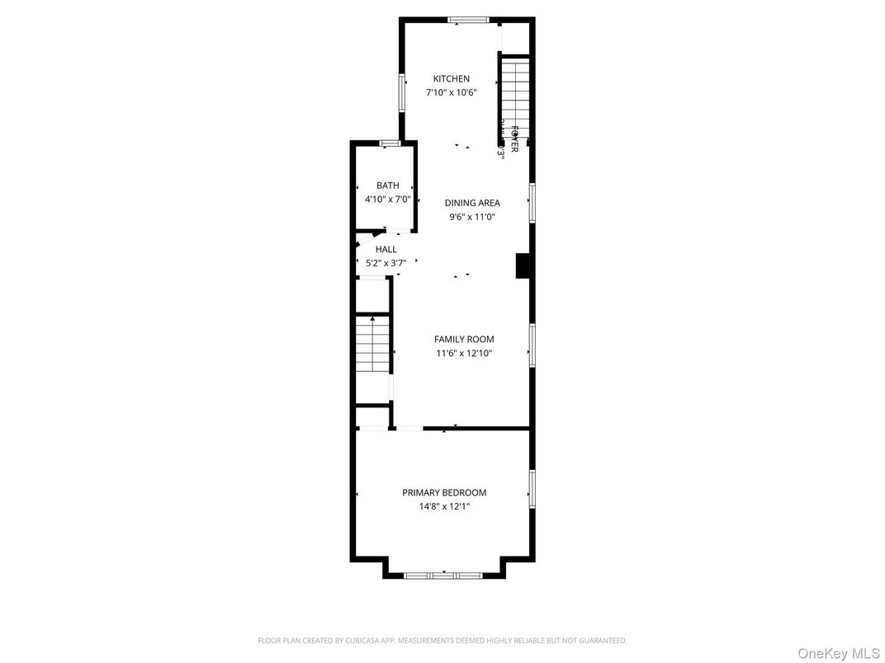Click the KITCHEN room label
point(451,79)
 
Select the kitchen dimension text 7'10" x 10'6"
point(451,93)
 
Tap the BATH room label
point(387,186)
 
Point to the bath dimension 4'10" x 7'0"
point(387,200)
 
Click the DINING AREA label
point(472,203)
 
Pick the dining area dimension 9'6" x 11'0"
point(472,218)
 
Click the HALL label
point(386,249)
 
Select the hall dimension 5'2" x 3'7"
point(386,264)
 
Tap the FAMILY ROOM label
point(464,339)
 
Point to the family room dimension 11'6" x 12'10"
point(464,354)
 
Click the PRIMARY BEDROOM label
point(444,492)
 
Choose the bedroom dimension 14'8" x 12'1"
point(444,507)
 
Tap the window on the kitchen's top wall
point(468,20)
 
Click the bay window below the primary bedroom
point(443,575)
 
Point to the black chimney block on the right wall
point(522,266)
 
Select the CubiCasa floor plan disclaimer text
point(442,641)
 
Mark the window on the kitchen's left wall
point(402,94)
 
